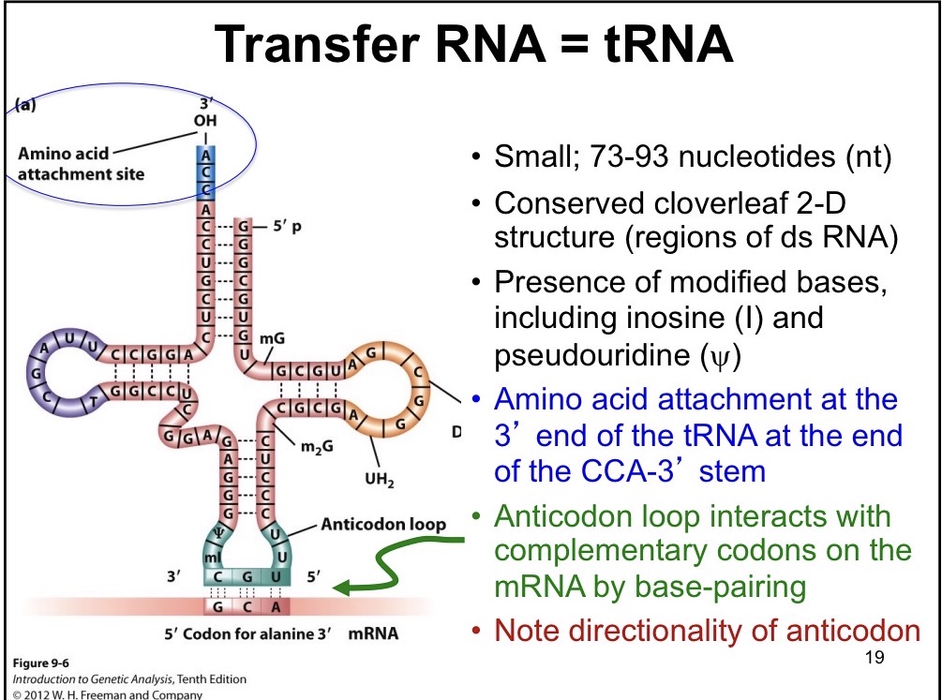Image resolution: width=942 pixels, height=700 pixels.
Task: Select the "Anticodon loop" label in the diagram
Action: (383, 524)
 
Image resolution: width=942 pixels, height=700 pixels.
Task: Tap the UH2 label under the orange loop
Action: (380, 483)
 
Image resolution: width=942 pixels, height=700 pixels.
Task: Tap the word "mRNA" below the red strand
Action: (373, 633)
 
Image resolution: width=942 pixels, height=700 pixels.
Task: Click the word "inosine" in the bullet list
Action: (646, 318)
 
